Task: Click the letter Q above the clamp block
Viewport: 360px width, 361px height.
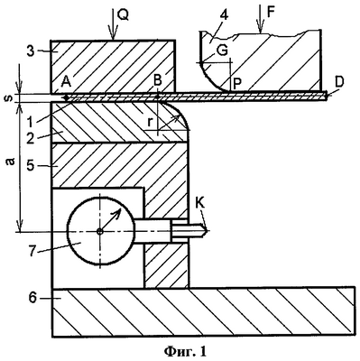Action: [x=123, y=15]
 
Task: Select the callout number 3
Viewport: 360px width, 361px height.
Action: [x=30, y=51]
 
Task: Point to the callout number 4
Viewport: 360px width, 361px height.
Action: [x=224, y=15]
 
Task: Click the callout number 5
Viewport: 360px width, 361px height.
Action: [x=30, y=166]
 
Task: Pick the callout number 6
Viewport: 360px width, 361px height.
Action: [x=32, y=298]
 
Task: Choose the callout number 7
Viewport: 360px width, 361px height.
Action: [x=33, y=252]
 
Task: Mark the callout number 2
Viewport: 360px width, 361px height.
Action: [x=30, y=138]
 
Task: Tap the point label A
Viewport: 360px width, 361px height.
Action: [x=66, y=81]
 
